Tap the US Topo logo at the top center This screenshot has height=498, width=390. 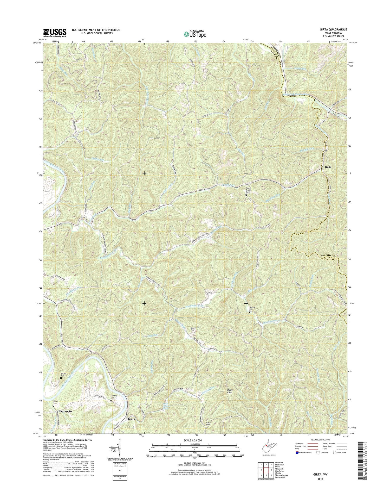click(195, 34)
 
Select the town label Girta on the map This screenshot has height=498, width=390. click(328, 167)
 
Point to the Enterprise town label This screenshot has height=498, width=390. click(66, 411)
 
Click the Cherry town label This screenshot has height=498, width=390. click(131, 419)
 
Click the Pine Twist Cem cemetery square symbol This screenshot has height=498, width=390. click(246, 194)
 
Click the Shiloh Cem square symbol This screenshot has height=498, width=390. click(54, 406)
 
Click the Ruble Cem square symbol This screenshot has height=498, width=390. click(206, 427)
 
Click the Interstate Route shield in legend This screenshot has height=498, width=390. click(297, 453)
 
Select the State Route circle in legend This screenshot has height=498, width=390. click(335, 453)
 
